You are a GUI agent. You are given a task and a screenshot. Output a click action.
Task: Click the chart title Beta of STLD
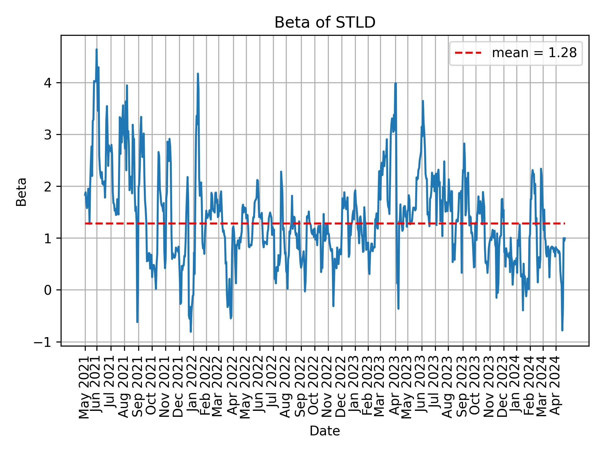click(x=325, y=23)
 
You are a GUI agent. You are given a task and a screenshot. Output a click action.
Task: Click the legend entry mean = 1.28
click(x=534, y=53)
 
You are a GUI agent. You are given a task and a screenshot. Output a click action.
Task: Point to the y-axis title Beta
click(x=21, y=192)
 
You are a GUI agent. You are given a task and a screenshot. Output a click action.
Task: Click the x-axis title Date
click(x=325, y=431)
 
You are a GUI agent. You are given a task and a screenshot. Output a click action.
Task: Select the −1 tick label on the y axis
click(x=46, y=342)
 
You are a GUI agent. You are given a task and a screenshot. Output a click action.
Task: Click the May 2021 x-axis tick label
click(x=84, y=388)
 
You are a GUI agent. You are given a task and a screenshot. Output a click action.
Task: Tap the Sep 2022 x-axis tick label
click(x=301, y=388)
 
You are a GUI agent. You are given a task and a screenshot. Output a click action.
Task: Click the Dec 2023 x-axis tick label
click(x=503, y=388)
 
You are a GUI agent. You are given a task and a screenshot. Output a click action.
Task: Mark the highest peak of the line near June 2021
click(x=96, y=49)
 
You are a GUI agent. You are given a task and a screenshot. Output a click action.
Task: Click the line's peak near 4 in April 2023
click(x=396, y=83)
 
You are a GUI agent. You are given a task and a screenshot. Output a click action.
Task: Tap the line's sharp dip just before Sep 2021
click(x=137, y=322)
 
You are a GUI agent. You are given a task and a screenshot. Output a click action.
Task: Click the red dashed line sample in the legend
click(x=468, y=53)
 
